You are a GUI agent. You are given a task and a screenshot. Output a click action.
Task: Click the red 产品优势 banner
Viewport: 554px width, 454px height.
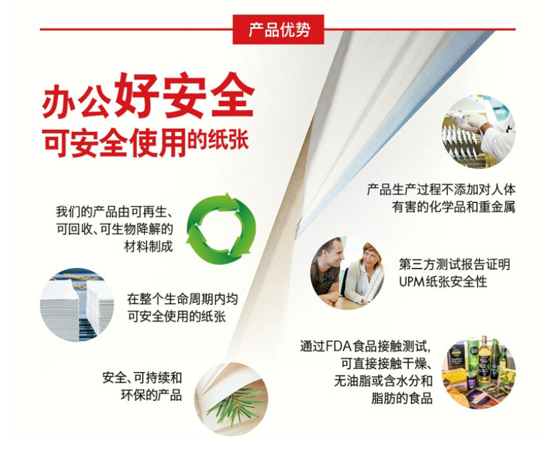pos(278,29)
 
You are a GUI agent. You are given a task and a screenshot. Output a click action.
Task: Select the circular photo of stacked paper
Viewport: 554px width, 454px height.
pos(77,304)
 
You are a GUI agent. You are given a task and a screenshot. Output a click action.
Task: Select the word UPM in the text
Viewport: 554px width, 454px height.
pos(412,281)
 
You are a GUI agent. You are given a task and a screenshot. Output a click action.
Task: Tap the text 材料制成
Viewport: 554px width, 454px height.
pos(148,246)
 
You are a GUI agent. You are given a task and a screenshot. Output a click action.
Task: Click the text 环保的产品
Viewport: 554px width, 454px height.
pos(151,395)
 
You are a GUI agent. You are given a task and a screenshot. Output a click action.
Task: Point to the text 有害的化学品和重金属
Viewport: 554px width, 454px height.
pos(454,206)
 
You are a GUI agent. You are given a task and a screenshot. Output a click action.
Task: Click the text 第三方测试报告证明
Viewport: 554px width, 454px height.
pos(455,264)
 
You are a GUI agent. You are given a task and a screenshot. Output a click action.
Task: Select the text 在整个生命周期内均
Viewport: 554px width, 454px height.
pos(183,299)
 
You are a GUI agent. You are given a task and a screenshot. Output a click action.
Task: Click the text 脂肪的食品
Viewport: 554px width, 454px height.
pos(402,398)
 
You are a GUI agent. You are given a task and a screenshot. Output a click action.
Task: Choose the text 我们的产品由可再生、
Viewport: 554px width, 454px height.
pos(114,212)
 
